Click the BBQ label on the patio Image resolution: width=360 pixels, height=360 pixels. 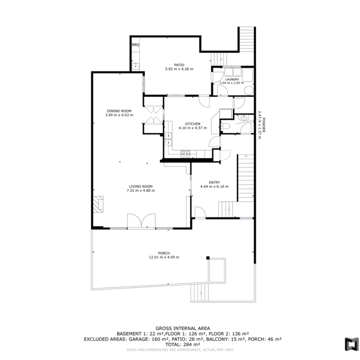click(x=135, y=45)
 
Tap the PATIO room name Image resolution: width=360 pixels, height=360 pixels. click(x=179, y=65)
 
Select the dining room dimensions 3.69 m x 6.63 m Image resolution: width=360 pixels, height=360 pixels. click(x=119, y=115)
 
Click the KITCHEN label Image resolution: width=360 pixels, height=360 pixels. click(x=192, y=124)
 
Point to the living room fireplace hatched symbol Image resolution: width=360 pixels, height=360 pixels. click(x=98, y=204)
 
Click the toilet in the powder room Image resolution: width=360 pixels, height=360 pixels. click(x=225, y=126)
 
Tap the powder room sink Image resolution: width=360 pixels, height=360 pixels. click(x=243, y=118)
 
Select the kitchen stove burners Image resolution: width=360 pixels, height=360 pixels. click(x=185, y=154)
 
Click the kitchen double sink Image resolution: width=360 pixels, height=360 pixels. click(x=168, y=139)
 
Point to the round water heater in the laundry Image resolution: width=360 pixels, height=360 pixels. click(x=249, y=90)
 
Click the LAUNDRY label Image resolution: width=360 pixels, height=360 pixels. click(x=232, y=79)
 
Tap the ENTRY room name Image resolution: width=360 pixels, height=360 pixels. click(x=215, y=182)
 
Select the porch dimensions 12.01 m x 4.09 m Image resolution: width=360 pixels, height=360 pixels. click(x=164, y=258)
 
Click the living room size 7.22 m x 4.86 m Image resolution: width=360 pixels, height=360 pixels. click(x=141, y=191)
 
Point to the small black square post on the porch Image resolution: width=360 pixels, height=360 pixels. click(x=208, y=258)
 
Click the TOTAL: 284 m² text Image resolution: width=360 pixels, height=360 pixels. click(x=183, y=344)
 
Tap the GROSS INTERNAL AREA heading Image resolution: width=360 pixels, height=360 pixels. click(x=183, y=328)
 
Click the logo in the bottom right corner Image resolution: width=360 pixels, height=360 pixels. click(x=351, y=344)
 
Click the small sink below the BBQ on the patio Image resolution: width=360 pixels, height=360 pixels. click(x=136, y=65)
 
